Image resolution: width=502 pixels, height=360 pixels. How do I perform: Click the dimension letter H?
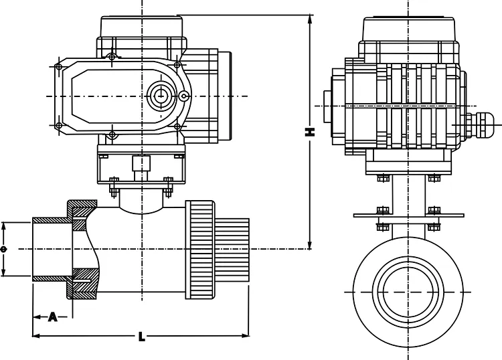[x=309, y=132]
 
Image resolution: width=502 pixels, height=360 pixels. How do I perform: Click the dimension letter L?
[x=141, y=336]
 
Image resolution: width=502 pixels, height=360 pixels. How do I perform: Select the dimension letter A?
[x=52, y=317]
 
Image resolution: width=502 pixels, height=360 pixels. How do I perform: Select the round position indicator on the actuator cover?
[x=160, y=94]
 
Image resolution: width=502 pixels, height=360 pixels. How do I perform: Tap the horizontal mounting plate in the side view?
[x=408, y=215]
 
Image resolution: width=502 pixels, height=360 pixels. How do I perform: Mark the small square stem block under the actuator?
[x=141, y=164]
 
